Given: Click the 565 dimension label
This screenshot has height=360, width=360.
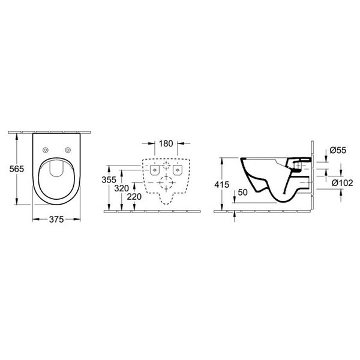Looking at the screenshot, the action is [x=17, y=169].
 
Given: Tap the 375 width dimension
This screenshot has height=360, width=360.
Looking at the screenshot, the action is [x=56, y=220].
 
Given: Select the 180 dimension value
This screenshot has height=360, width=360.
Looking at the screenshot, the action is [x=166, y=143].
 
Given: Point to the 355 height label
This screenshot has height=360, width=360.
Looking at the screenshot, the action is [x=109, y=180].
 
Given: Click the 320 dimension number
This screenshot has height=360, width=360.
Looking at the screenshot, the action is [x=121, y=188].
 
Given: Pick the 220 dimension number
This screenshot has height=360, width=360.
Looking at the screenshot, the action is [x=134, y=197].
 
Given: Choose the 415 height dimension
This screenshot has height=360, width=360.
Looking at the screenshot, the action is [x=222, y=184].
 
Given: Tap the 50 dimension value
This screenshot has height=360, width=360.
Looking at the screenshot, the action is [x=242, y=193].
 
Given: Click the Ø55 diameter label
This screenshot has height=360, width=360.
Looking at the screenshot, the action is [x=338, y=150].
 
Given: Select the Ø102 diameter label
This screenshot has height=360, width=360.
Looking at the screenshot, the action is [x=343, y=183].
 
